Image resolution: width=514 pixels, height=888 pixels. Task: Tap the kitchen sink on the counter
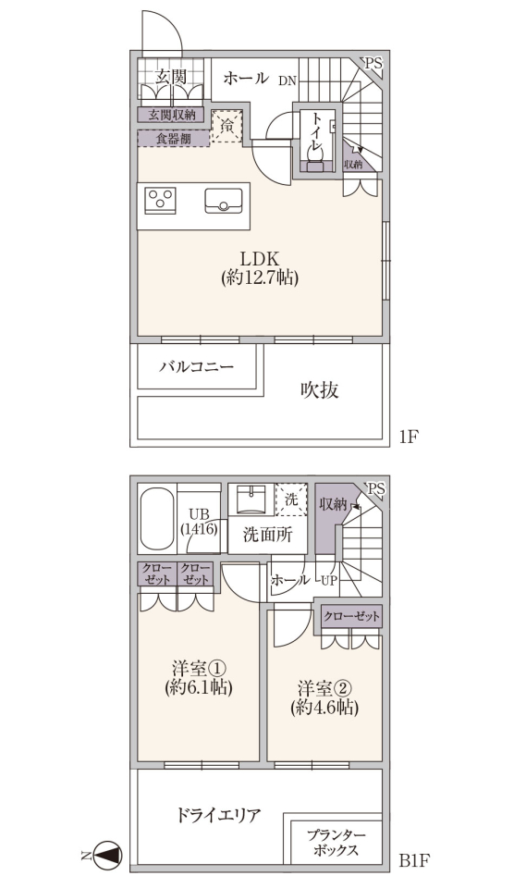pyautogui.click(x=224, y=201)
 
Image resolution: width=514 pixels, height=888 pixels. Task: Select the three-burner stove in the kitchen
pyautogui.click(x=160, y=200)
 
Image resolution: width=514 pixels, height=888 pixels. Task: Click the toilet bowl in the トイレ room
pyautogui.click(x=314, y=151)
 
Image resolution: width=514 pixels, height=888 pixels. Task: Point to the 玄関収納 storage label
pyautogui.click(x=172, y=115)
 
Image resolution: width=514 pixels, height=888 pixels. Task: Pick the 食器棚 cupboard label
pyautogui.click(x=174, y=139)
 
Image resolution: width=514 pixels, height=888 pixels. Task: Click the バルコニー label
pyautogui.click(x=196, y=367)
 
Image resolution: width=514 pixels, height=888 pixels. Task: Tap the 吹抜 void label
pyautogui.click(x=319, y=389)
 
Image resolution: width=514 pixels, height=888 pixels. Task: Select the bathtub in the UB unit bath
pyautogui.click(x=157, y=518)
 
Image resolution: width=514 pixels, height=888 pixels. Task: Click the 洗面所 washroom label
pyautogui.click(x=268, y=536)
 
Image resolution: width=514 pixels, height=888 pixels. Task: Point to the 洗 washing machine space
pyautogui.click(x=291, y=499)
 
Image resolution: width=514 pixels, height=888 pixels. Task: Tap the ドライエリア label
pyautogui.click(x=218, y=816)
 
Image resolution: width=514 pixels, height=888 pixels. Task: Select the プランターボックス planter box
pyautogui.click(x=337, y=842)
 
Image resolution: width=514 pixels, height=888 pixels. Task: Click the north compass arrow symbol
pyautogui.click(x=107, y=854)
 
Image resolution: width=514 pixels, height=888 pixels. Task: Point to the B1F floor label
pyautogui.click(x=415, y=861)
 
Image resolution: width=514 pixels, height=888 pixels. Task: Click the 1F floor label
pyautogui.click(x=409, y=438)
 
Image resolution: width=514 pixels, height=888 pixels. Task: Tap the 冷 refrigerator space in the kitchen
pyautogui.click(x=227, y=126)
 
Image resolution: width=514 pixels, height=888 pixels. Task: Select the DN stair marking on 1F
pyautogui.click(x=287, y=81)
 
